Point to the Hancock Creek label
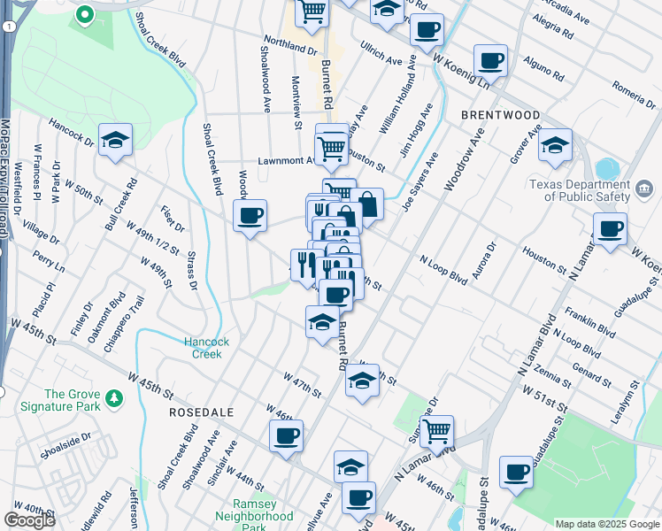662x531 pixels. [x=207, y=348]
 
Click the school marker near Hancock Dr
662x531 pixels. [x=115, y=141]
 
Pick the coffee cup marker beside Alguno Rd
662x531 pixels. [x=490, y=61]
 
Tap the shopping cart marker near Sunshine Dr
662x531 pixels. [x=436, y=432]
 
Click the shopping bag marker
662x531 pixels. [x=367, y=204]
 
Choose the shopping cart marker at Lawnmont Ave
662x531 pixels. [x=332, y=146]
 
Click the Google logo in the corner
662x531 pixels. [x=29, y=520]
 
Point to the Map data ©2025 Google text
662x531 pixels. [x=606, y=524]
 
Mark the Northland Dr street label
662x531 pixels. [x=290, y=45]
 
